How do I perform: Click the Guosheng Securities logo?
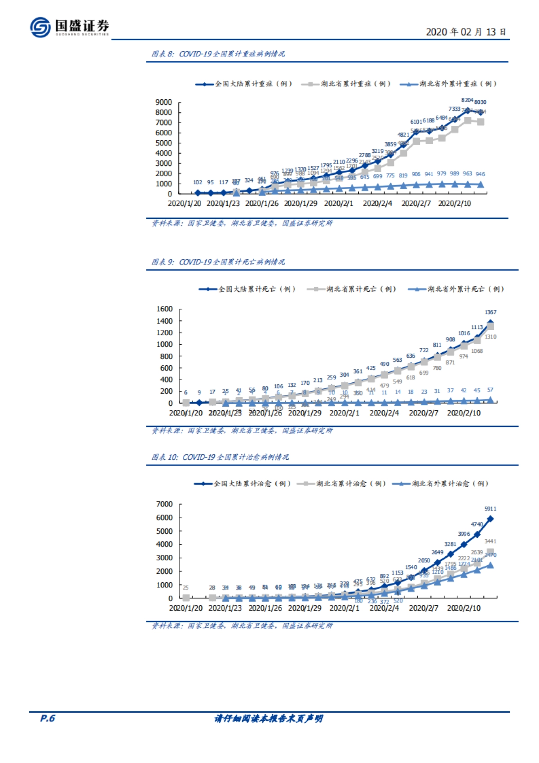click(70, 27)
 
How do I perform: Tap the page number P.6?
click(47, 718)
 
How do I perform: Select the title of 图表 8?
click(218, 54)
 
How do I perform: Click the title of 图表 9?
click(218, 262)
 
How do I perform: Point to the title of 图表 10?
click(220, 457)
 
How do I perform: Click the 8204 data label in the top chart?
click(467, 100)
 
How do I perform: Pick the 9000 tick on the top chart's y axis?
click(163, 102)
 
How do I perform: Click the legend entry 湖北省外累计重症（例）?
click(449, 84)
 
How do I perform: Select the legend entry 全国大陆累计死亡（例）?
click(247, 289)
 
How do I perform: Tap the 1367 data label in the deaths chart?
click(490, 312)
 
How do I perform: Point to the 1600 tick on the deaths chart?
click(164, 309)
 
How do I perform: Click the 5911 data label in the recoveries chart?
click(490, 509)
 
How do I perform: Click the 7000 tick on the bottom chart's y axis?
click(164, 504)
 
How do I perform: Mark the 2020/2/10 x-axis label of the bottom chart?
click(464, 608)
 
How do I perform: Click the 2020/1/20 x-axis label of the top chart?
click(184, 204)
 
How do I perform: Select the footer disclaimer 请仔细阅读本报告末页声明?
click(269, 719)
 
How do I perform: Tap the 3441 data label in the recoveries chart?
click(490, 541)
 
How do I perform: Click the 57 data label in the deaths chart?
click(490, 390)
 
